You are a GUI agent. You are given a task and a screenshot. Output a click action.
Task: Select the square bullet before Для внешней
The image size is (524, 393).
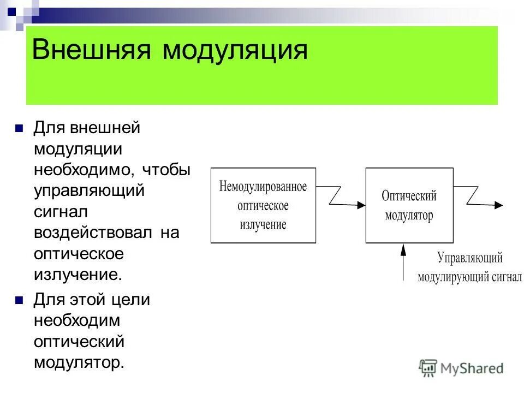19,129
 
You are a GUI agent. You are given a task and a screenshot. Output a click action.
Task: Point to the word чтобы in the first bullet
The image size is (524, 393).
166,170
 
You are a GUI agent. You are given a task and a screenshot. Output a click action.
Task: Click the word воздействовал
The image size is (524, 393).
92,233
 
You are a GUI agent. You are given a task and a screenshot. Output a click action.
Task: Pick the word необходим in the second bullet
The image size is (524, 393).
76,320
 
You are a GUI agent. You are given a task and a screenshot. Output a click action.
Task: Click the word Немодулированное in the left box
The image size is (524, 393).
263,187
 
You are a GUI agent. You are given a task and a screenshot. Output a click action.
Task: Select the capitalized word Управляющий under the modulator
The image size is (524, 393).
469,258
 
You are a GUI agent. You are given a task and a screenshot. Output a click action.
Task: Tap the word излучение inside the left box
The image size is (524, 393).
263,224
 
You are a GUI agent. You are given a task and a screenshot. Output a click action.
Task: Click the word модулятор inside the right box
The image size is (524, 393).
409,215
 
